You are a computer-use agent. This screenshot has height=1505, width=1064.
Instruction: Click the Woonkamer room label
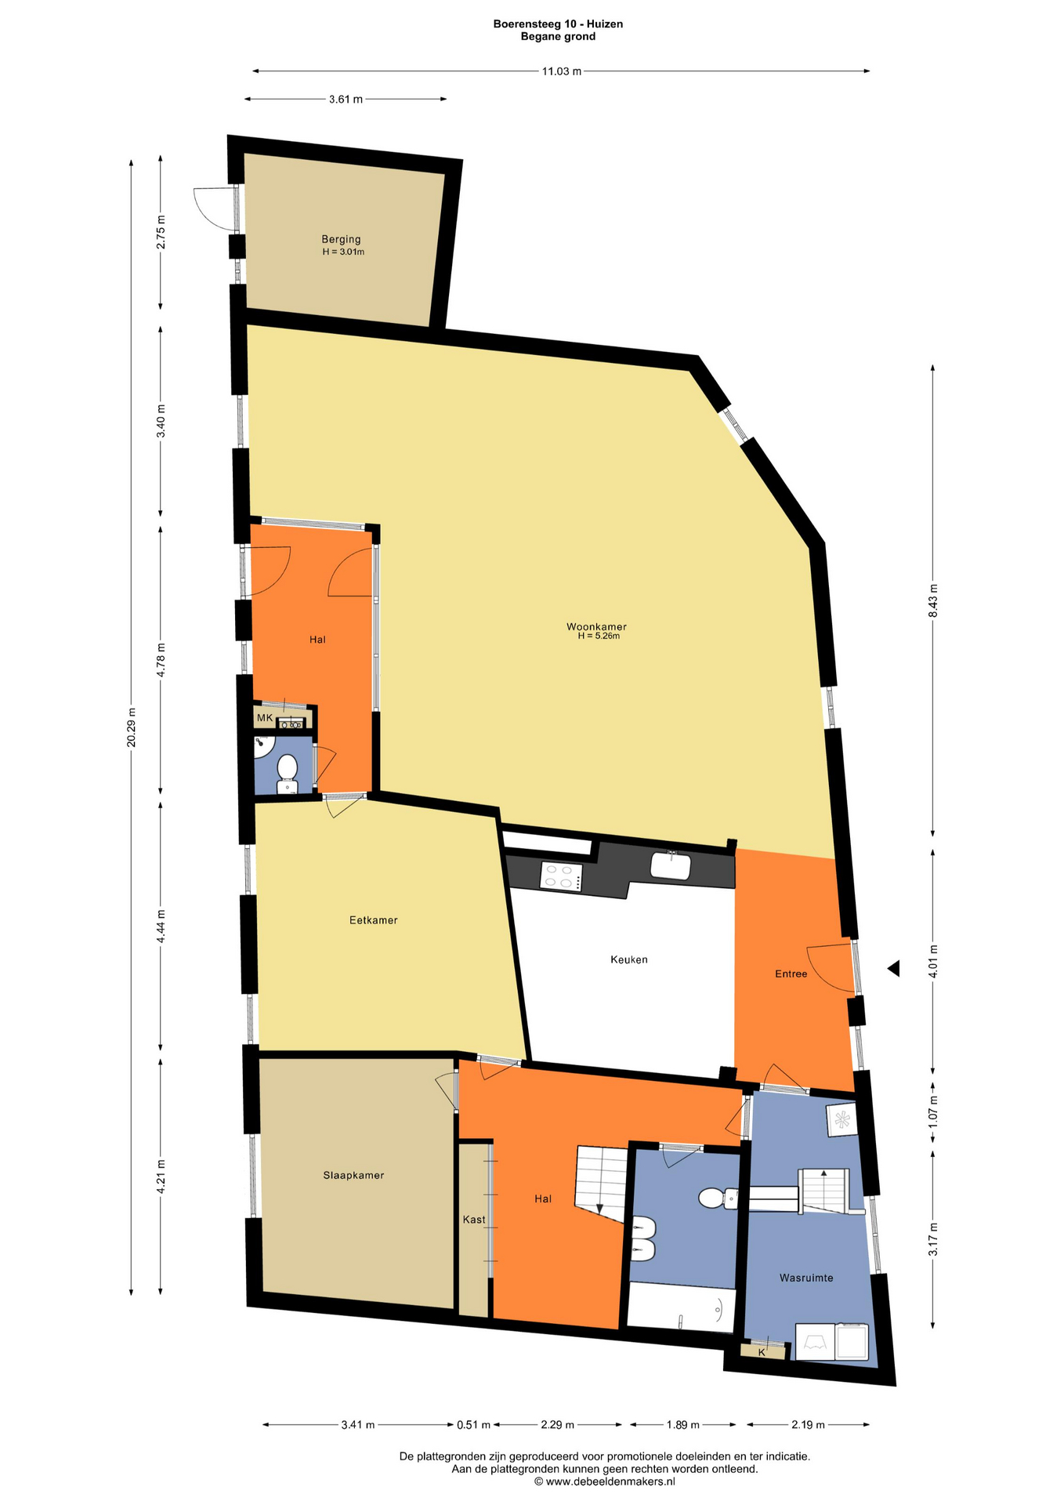(596, 626)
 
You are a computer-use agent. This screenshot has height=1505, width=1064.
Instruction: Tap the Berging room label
(341, 239)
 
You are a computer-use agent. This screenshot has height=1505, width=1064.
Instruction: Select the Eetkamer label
(374, 920)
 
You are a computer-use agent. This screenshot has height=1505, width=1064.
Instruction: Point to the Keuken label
(629, 959)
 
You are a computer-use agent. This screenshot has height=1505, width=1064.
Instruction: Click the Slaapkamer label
(353, 1175)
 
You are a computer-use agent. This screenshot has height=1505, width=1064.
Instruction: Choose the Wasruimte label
(806, 1278)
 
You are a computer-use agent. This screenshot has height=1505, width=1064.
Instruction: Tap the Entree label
(791, 974)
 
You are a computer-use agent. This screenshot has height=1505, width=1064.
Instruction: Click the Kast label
(474, 1220)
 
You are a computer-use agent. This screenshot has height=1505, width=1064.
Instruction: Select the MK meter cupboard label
(265, 718)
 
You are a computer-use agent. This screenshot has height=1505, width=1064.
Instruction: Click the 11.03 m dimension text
(562, 71)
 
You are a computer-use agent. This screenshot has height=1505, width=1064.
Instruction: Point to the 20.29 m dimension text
(132, 727)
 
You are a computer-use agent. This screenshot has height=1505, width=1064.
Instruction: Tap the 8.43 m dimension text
(932, 601)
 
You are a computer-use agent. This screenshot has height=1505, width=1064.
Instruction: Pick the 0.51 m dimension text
(473, 1424)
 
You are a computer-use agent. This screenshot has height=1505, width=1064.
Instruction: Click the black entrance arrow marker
(893, 969)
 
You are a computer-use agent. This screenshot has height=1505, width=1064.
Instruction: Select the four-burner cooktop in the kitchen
(562, 876)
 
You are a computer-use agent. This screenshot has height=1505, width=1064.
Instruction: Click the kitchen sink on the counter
(671, 866)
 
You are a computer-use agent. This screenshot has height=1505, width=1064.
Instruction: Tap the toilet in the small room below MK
(287, 774)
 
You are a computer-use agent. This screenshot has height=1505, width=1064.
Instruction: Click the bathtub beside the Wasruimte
(682, 1308)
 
